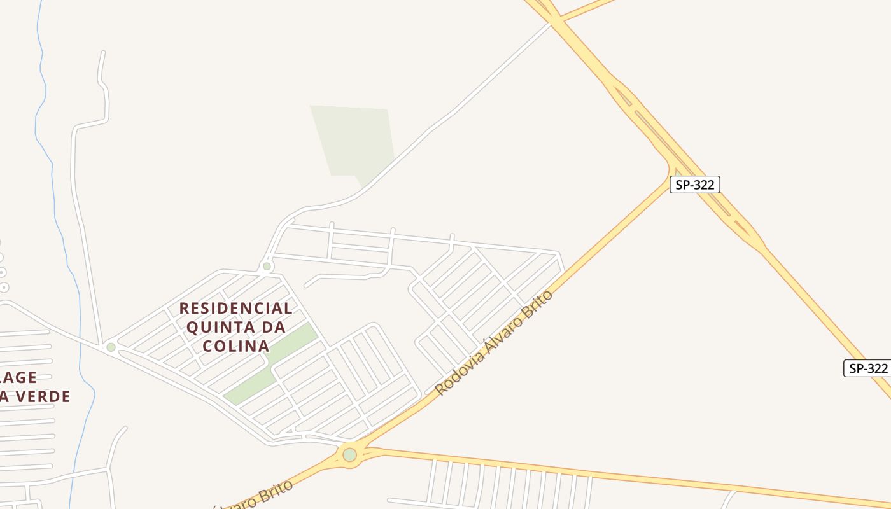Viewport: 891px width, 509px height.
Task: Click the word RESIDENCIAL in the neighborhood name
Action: point(235,309)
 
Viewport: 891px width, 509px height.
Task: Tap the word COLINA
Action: point(235,347)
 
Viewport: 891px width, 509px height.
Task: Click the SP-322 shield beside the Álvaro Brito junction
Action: point(694,185)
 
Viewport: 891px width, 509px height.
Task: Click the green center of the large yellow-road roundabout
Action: point(349,454)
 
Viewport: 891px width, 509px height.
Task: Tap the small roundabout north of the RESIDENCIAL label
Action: point(267,266)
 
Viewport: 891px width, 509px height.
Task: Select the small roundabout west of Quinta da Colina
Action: point(111,347)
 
